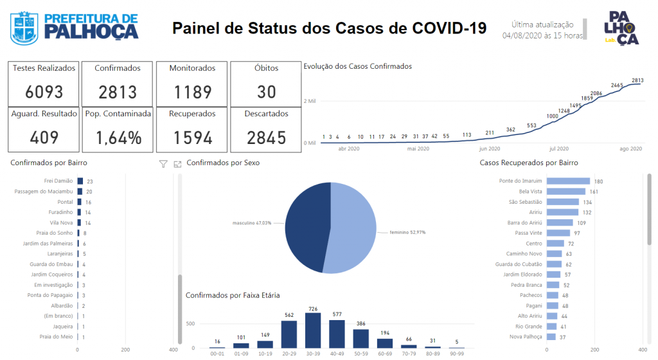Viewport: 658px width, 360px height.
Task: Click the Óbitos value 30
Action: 267,92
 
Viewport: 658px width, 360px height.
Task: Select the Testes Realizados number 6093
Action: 44,92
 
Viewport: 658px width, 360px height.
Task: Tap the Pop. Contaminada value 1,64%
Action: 118,138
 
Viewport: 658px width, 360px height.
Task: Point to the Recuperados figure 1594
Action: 193,138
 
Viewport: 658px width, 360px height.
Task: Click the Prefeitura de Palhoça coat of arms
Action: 24,28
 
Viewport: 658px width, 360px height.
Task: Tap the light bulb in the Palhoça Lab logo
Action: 628,28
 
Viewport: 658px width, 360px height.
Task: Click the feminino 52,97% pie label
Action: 407,232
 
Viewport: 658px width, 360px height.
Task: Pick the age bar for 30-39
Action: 313,330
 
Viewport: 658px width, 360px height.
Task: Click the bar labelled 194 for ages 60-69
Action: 385,343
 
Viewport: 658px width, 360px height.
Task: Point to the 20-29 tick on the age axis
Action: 289,354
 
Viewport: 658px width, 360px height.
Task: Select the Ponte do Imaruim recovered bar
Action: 568,181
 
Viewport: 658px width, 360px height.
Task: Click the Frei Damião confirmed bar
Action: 80,181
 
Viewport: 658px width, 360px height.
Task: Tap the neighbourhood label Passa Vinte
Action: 528,233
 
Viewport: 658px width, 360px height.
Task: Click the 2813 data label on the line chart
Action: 637,80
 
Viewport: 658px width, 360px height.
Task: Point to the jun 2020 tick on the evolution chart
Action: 489,148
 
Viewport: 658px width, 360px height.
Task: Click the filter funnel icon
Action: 163,164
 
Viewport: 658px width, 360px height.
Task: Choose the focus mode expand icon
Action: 177,164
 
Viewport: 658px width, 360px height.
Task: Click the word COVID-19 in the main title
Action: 449,28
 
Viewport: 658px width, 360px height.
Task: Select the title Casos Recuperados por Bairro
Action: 529,163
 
